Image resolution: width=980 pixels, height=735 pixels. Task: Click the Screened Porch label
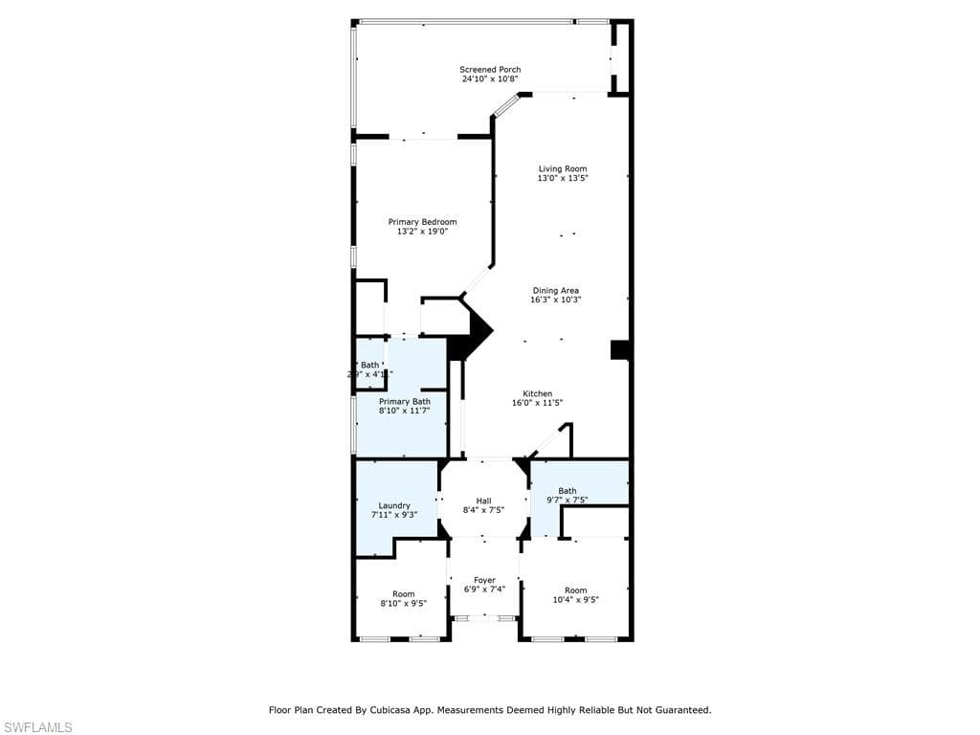click(490, 70)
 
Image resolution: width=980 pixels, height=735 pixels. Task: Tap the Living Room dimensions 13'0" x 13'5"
click(563, 178)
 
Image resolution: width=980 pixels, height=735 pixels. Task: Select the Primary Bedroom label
click(422, 222)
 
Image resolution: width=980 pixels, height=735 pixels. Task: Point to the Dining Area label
click(556, 291)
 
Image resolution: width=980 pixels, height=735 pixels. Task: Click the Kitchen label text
click(537, 394)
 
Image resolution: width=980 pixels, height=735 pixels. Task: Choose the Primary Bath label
click(405, 402)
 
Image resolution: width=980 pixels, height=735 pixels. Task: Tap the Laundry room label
click(394, 505)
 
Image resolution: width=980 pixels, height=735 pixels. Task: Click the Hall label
click(483, 501)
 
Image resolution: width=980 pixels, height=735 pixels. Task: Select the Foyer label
click(484, 580)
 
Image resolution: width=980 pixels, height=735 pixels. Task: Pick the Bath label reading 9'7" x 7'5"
click(567, 496)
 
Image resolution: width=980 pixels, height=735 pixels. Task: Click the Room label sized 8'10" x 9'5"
click(404, 598)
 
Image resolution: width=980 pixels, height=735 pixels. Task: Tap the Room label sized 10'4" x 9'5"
click(575, 595)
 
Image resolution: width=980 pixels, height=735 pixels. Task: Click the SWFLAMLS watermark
click(37, 727)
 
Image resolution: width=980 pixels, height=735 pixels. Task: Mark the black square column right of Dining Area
click(620, 350)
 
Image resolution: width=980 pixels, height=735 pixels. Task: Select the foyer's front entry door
click(484, 618)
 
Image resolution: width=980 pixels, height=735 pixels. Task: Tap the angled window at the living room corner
click(505, 105)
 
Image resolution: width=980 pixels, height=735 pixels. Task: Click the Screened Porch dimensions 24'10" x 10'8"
click(490, 79)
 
